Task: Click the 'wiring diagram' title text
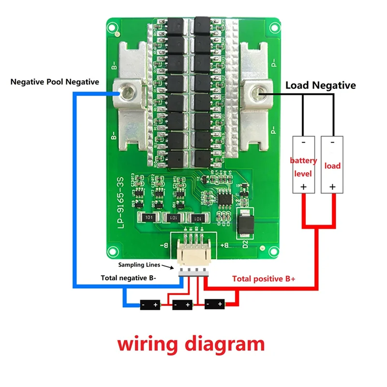point(191,344)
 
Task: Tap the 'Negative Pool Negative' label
point(55,82)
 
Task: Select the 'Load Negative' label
point(320,86)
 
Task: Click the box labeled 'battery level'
point(303,165)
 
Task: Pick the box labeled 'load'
point(332,165)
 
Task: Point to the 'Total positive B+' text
point(264,279)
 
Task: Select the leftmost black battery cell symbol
point(150,305)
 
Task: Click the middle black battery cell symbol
point(182,305)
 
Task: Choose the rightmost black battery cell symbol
point(214,304)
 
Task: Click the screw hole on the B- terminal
point(128,91)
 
